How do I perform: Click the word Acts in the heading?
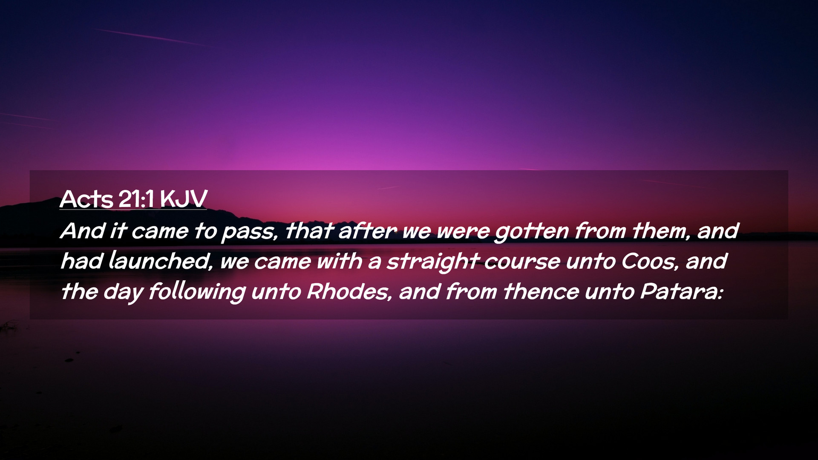click(x=86, y=199)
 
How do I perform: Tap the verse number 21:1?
click(x=136, y=199)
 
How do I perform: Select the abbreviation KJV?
click(x=184, y=199)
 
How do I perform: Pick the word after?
click(x=368, y=231)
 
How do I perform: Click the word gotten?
click(x=532, y=232)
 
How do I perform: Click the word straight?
click(x=432, y=262)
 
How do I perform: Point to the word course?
click(x=522, y=262)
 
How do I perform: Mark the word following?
click(x=197, y=293)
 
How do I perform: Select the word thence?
click(x=541, y=292)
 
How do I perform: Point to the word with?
click(x=339, y=261)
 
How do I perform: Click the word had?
click(x=81, y=261)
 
